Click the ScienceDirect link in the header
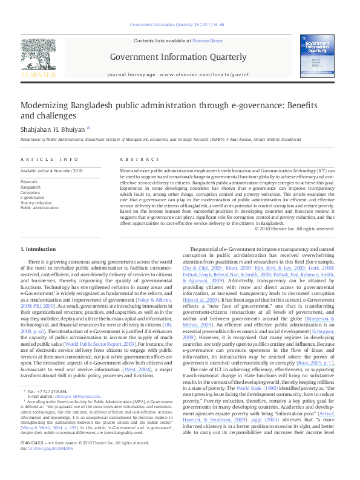pos(207,41)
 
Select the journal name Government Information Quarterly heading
pos(178,57)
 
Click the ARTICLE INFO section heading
pos(50,158)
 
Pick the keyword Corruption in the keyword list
pos(31,192)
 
